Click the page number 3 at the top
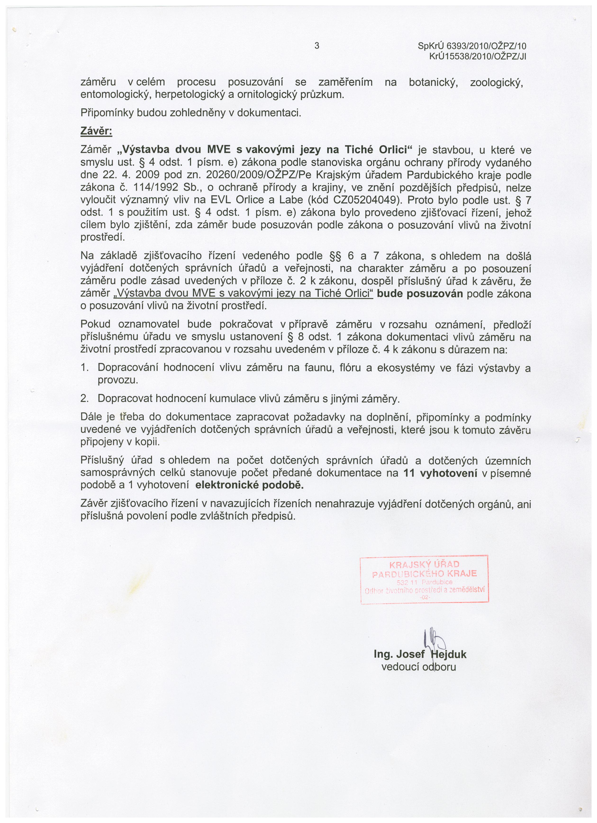(x=317, y=46)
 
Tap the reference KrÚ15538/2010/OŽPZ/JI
(x=478, y=57)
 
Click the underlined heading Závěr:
(x=96, y=131)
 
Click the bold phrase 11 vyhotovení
(x=440, y=473)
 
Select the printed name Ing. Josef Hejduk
(x=420, y=654)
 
